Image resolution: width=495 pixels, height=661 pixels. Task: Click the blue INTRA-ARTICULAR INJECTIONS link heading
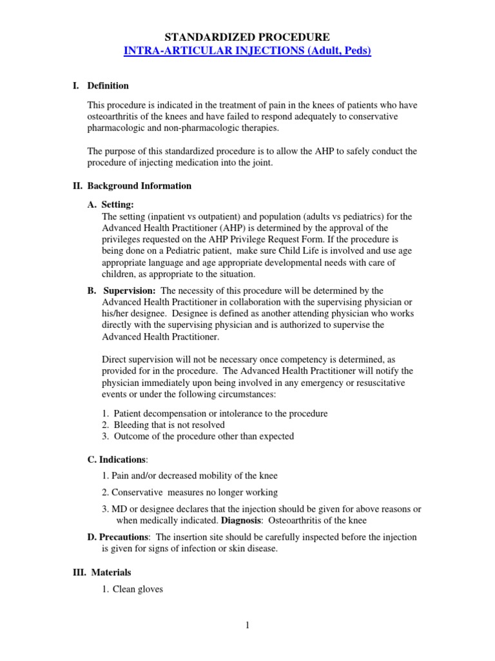(x=247, y=52)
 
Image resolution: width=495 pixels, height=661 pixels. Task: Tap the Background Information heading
(x=139, y=186)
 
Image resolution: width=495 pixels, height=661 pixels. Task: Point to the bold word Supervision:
(x=130, y=290)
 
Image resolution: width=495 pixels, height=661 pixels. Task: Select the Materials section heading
(x=111, y=572)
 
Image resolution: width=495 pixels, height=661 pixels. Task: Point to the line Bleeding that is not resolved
(x=169, y=425)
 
